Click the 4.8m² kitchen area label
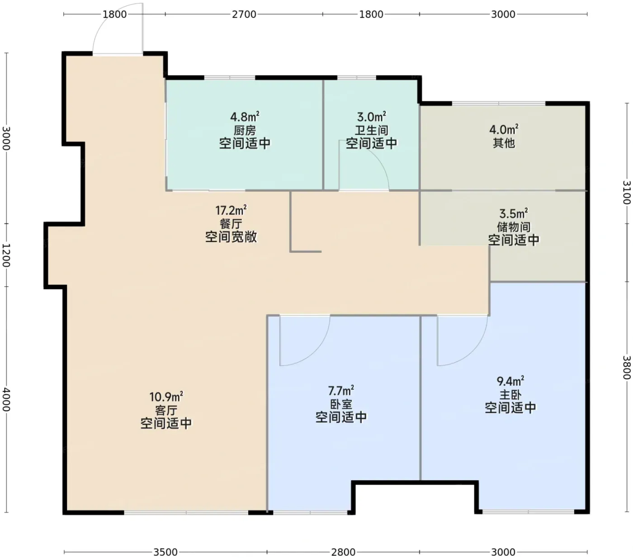pyautogui.click(x=245, y=117)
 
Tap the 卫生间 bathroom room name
pyautogui.click(x=371, y=130)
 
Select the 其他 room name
pyautogui.click(x=504, y=143)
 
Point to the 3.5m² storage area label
pyautogui.click(x=513, y=214)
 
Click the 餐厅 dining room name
pyautogui.click(x=231, y=224)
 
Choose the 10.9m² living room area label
pyautogui.click(x=166, y=397)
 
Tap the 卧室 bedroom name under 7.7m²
pyautogui.click(x=341, y=404)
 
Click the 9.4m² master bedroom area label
pyautogui.click(x=510, y=381)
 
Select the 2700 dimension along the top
pyautogui.click(x=244, y=14)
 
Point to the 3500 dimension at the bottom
pyautogui.click(x=165, y=553)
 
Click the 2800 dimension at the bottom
pyautogui.click(x=343, y=553)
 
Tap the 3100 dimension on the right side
pyautogui.click(x=627, y=193)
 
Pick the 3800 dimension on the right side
pyautogui.click(x=627, y=368)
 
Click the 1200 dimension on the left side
pyautogui.click(x=6, y=255)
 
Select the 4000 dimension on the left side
pyautogui.click(x=6, y=400)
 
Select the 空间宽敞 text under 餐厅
pyautogui.click(x=231, y=237)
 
